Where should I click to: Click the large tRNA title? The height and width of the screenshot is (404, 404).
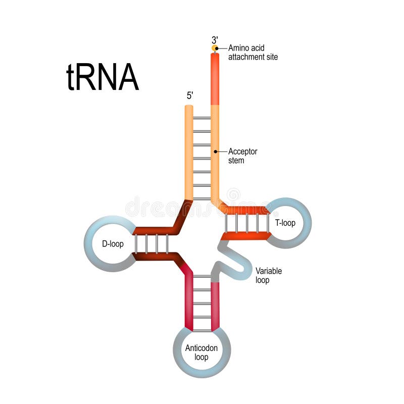point(103,78)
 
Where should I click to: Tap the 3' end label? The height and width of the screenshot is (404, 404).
point(215,39)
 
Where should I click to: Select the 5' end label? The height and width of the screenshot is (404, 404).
point(189,96)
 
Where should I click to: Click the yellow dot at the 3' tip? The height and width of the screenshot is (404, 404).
point(215,48)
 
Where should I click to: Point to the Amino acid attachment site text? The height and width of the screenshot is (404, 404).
point(252,53)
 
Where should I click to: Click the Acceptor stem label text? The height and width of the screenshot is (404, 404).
point(242,156)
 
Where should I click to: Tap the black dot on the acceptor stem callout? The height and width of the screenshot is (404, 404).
point(215,151)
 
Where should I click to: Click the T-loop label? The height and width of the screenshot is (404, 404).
point(285,223)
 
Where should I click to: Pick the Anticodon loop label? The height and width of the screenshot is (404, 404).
point(201,352)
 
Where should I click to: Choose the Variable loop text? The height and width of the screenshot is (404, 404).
point(269,275)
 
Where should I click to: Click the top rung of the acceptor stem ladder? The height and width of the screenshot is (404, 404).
point(202,118)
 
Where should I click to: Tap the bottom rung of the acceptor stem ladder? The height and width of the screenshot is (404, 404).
point(202,198)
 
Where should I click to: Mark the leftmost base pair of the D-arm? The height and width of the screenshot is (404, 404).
point(136,244)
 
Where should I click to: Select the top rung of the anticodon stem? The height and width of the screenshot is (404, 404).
point(202,276)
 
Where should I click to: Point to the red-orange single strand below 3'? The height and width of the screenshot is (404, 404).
point(215,78)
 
